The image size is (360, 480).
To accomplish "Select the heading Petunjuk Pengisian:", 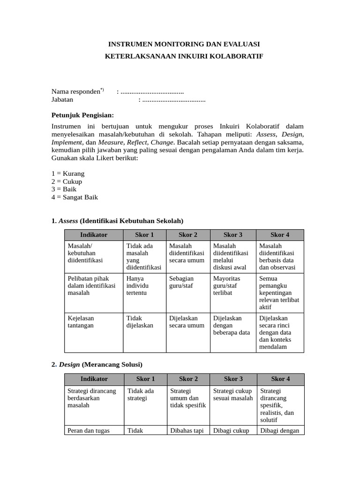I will (82, 115).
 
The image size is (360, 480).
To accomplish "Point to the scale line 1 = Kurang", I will (68, 173).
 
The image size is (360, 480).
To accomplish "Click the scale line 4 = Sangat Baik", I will (75, 197).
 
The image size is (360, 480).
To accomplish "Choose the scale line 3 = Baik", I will (64, 189).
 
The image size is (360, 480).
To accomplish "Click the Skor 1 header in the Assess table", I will (144, 235).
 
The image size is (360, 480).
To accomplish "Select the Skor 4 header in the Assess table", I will (280, 235).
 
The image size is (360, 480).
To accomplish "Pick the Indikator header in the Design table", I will (94, 379).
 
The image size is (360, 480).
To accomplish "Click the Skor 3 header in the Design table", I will (233, 379).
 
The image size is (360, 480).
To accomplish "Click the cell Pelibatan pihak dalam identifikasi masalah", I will (91, 285).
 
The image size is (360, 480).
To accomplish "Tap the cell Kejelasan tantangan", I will (81, 322).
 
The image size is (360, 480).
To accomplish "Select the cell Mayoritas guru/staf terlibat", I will (226, 285).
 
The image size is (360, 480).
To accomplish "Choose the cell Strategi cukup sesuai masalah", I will (232, 395).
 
